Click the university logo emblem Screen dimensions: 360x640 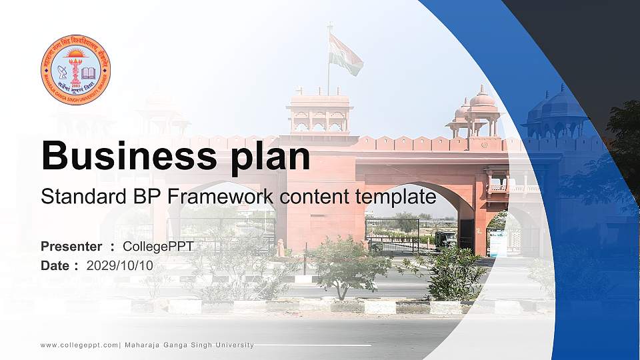[75, 70]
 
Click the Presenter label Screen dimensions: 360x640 [71, 247]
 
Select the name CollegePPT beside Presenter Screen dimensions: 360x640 [158, 247]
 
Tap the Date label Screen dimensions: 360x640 [56, 265]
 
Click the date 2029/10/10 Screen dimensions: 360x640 [119, 265]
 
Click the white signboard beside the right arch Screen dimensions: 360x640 [498, 243]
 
